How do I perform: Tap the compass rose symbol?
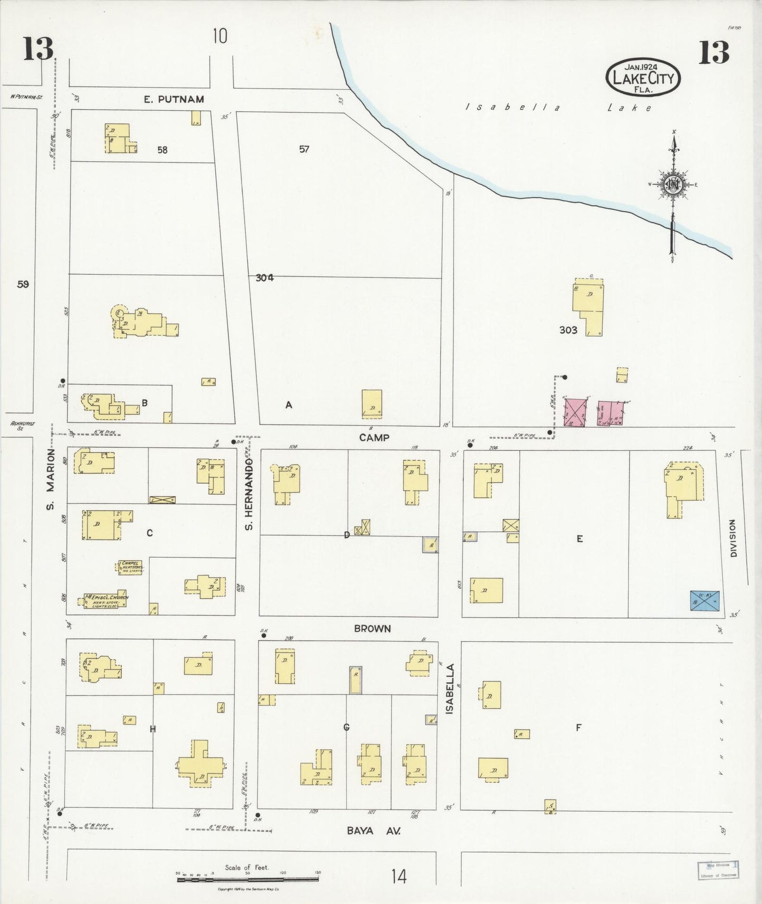(x=673, y=185)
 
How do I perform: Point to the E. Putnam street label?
(x=173, y=99)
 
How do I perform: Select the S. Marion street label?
(x=51, y=479)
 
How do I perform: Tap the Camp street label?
(x=374, y=437)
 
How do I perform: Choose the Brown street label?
(x=372, y=629)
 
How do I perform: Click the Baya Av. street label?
(x=373, y=831)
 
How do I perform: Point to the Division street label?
(x=732, y=538)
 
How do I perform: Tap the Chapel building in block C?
(x=130, y=567)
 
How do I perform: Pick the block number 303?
(x=568, y=330)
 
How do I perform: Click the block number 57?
(x=304, y=149)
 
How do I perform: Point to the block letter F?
(x=578, y=728)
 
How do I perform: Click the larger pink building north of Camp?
(x=575, y=412)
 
